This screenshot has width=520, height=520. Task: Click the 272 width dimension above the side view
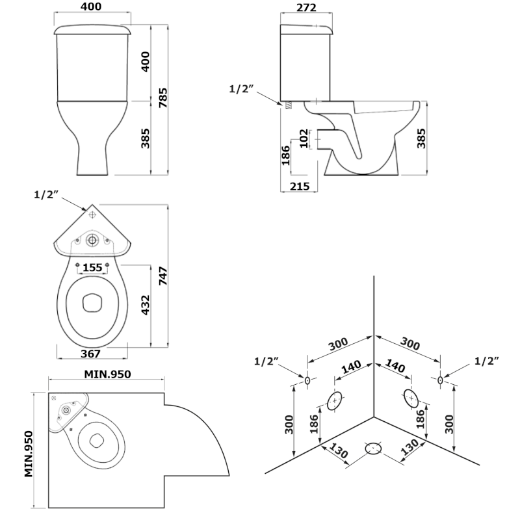[306, 7]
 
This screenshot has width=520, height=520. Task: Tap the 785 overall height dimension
[163, 97]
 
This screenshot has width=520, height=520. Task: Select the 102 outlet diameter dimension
[304, 138]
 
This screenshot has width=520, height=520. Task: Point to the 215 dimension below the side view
[300, 187]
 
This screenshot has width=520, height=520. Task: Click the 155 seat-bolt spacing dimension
[92, 267]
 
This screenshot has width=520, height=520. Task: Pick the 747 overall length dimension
[163, 276]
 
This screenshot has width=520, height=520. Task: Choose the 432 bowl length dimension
[145, 305]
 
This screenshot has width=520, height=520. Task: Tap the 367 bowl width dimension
[90, 354]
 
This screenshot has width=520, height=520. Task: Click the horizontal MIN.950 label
[107, 374]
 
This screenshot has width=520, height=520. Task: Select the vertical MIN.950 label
[29, 454]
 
